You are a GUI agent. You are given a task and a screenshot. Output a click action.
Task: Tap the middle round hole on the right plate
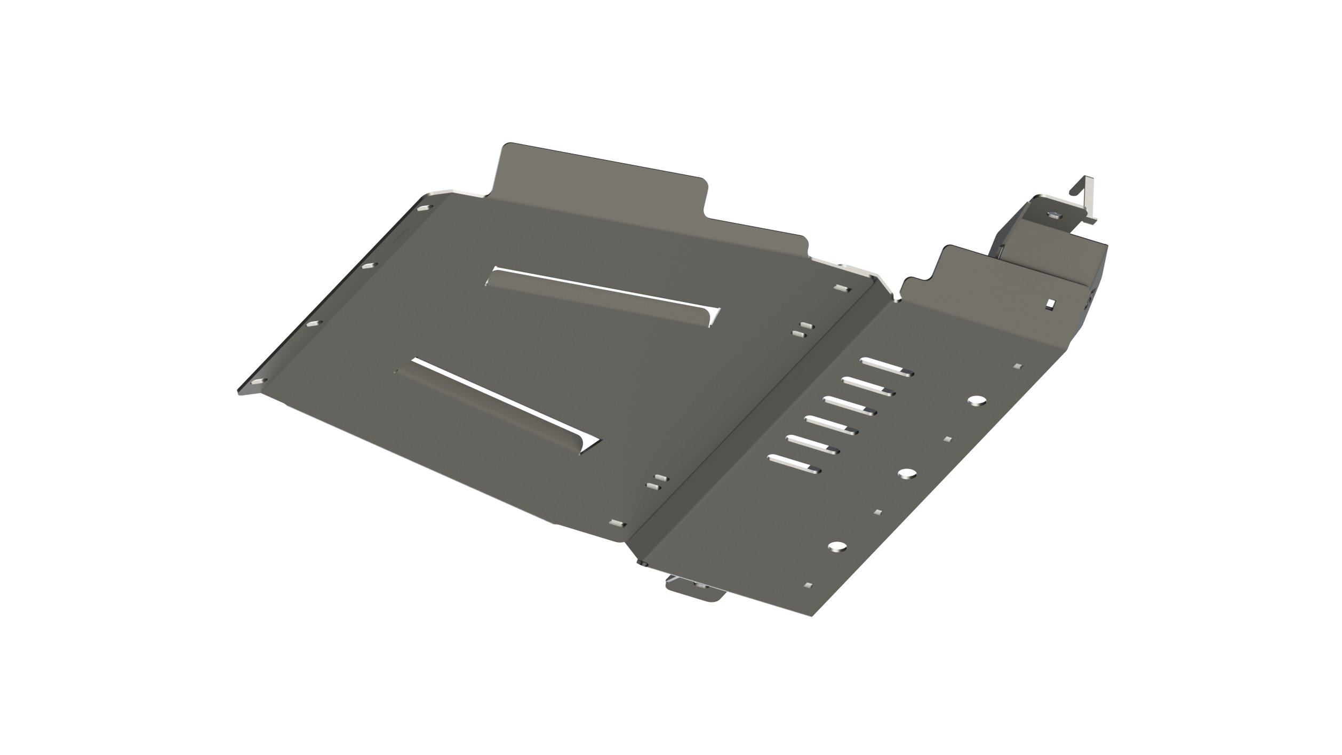pyautogui.click(x=906, y=473)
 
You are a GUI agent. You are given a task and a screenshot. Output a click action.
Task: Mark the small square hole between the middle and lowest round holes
pyautogui.click(x=878, y=512)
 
